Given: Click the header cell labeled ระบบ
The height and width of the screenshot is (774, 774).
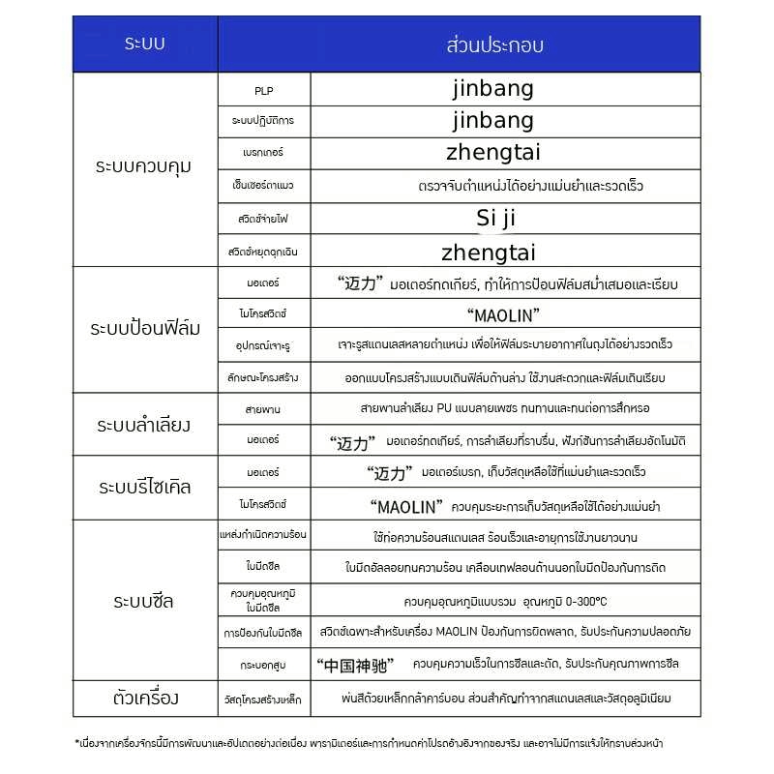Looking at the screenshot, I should coord(145,45).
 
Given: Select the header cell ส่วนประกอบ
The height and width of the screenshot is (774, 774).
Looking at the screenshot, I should coord(494,45).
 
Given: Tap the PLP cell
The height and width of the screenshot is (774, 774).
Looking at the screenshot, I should coord(264,90).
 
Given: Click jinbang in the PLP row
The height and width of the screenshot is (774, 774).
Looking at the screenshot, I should coord(492,89).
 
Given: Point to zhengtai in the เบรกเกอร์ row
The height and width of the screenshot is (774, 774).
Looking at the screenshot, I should coord(492,152).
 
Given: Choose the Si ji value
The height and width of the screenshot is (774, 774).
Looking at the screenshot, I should coord(497,219).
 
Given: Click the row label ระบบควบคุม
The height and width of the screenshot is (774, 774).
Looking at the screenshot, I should coord(144,165).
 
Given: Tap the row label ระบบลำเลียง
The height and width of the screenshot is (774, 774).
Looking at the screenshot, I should coord(144,425).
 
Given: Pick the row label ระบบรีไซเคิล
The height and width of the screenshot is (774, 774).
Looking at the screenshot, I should coord(145,487).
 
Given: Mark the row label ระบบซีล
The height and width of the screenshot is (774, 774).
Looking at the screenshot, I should coord(144,601).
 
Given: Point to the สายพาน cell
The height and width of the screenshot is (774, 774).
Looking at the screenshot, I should coord(263,409).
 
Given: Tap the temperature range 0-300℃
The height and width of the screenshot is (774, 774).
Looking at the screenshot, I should coord(575,601).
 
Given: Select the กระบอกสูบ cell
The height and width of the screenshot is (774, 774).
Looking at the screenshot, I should coord(263,665).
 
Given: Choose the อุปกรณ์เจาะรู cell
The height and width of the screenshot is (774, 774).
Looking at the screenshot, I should coord(263,345).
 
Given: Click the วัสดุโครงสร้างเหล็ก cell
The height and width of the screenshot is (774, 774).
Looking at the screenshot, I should coord(263,698).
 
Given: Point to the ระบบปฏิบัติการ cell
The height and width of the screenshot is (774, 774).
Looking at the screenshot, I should coord(263,121).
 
